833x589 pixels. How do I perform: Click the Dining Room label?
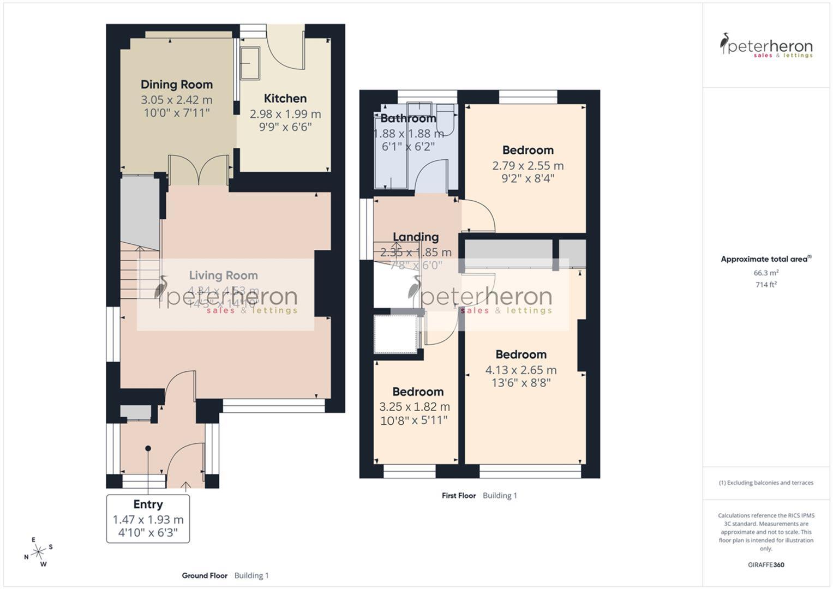pos(176,85)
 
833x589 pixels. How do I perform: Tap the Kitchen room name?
pos(285,99)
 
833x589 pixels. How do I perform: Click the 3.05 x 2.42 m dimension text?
pos(176,100)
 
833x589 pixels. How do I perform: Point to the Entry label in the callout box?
pos(148,504)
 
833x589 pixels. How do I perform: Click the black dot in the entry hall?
pos(148,448)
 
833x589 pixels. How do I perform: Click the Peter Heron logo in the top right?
pos(766,46)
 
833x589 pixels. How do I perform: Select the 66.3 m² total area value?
pos(766,273)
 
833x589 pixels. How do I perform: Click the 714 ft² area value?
pos(766,285)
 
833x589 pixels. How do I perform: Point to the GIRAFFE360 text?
pos(766,565)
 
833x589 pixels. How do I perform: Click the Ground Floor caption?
pos(205,575)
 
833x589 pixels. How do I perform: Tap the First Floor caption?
pos(459,496)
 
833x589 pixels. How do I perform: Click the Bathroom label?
pos(408,118)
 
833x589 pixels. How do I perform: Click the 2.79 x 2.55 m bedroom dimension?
pos(528,166)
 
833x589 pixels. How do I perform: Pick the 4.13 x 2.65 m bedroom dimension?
pos(521,370)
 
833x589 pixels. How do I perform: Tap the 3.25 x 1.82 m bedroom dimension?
pos(415,407)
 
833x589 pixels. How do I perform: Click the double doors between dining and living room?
pos(199,170)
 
